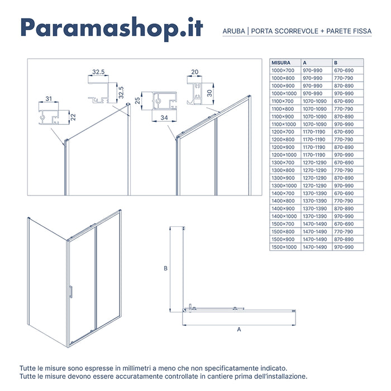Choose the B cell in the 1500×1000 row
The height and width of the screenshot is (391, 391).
tap(344, 246)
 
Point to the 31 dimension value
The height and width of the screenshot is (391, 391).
tap(49, 99)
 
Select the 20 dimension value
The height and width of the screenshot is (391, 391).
tap(194, 72)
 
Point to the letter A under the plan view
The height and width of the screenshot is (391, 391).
tap(239, 330)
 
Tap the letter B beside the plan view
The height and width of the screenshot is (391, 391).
tap(166, 268)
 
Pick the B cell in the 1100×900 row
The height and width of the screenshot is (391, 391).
tap(344, 116)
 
